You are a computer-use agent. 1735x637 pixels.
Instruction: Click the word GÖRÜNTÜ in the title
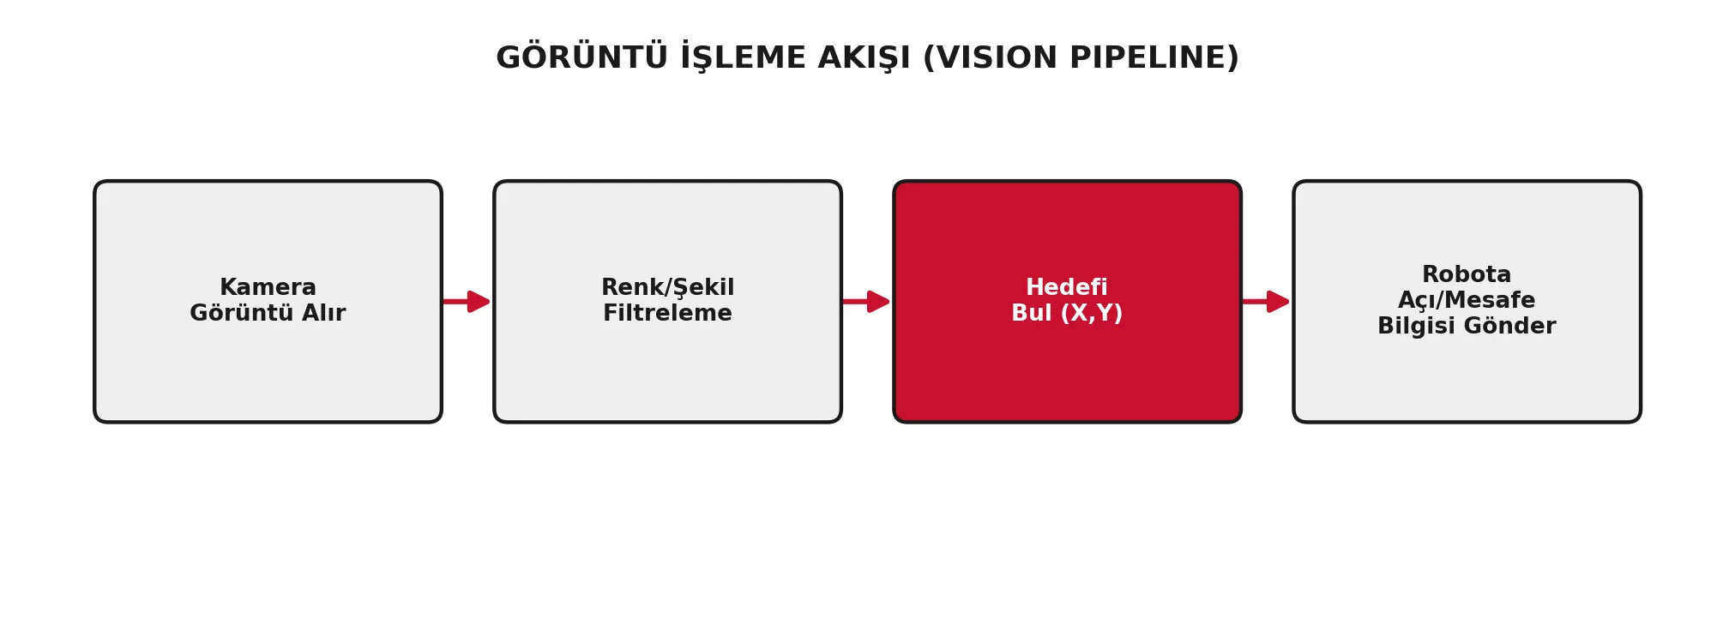click(581, 57)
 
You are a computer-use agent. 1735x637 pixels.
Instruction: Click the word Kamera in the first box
click(268, 287)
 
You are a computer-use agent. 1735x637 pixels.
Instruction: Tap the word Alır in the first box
click(322, 313)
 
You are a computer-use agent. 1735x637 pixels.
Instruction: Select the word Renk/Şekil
click(667, 287)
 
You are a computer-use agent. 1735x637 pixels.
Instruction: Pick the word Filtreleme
click(667, 313)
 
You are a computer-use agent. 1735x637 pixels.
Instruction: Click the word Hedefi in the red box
click(1067, 287)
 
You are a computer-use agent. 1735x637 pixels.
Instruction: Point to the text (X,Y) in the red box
click(1092, 313)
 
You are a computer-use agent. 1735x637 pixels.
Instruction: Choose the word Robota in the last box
click(1467, 274)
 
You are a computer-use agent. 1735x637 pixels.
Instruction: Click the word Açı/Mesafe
click(1467, 300)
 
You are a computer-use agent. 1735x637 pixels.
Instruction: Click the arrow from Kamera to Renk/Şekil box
click(466, 302)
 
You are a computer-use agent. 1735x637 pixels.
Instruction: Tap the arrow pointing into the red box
click(865, 302)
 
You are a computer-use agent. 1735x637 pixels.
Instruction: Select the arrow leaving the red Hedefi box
click(1265, 302)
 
